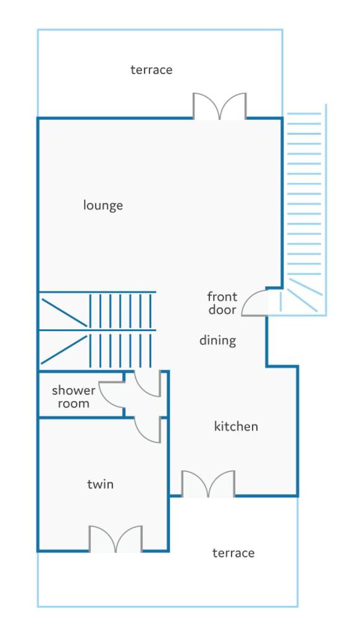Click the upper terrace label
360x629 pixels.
[151, 70]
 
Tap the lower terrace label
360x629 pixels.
[233, 553]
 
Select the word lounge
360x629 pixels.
[103, 205]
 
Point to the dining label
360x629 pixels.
[218, 340]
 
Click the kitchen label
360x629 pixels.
[236, 426]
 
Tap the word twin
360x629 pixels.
[100, 484]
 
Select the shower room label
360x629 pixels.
[73, 397]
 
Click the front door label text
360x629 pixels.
[222, 303]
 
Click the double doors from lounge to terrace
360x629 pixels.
[220, 106]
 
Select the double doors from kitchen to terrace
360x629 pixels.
[208, 484]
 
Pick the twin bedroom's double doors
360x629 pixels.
[115, 539]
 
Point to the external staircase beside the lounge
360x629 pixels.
[304, 209]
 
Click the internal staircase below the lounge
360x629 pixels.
[97, 330]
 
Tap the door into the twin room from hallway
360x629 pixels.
[148, 430]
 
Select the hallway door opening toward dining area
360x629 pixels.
[148, 384]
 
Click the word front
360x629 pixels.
[222, 297]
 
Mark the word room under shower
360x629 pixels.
[73, 403]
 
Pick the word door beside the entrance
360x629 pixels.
[222, 310]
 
